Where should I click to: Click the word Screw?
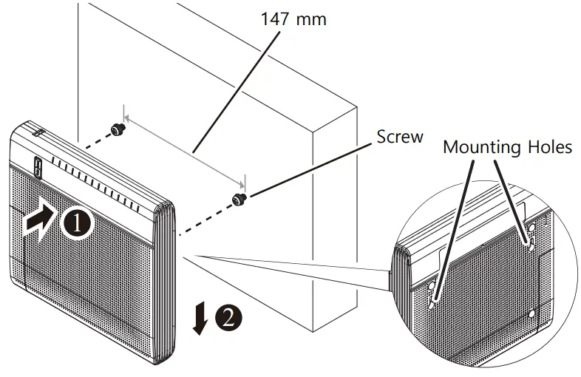tap(400, 137)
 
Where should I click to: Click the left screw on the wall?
tap(117, 130)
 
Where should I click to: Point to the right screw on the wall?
tap(238, 199)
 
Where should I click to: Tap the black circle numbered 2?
tap(227, 318)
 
